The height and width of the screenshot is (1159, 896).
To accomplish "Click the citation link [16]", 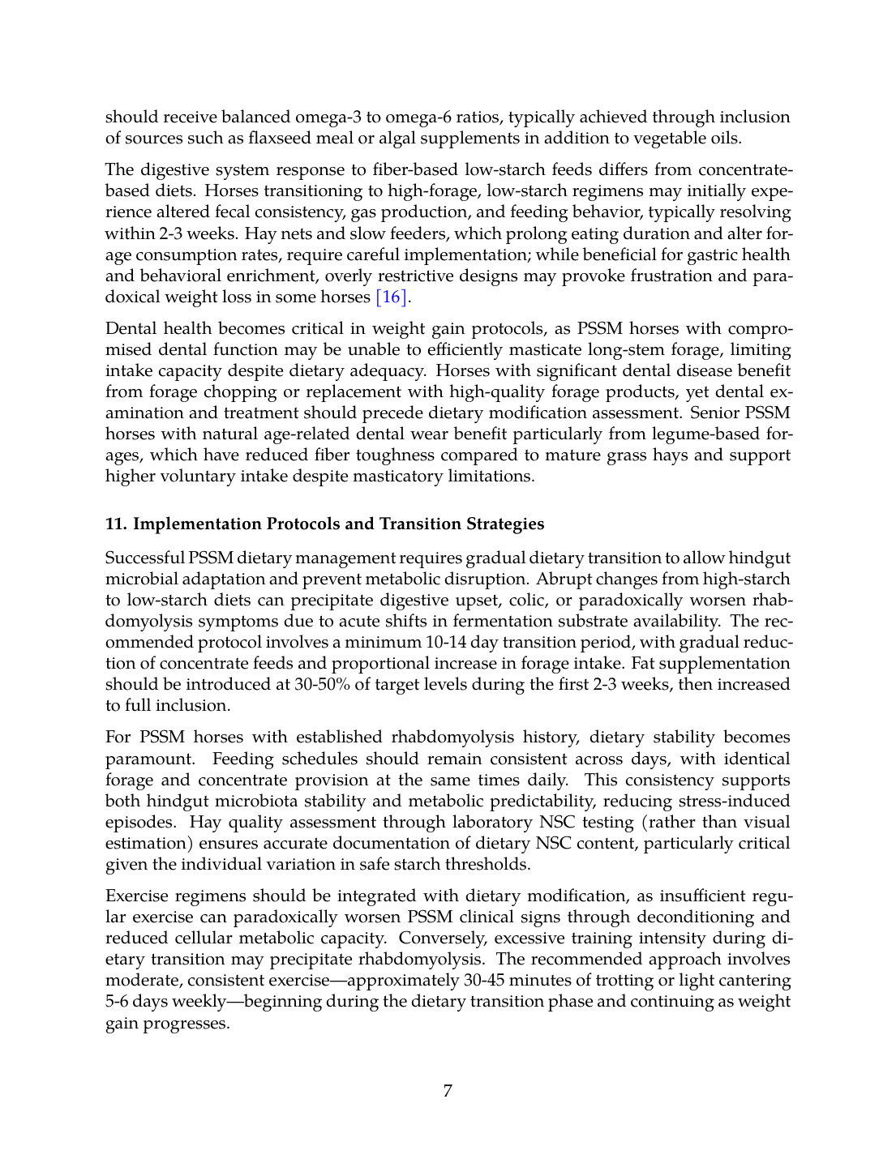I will click(x=391, y=297).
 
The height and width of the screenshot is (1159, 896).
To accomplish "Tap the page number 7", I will click(x=448, y=1091).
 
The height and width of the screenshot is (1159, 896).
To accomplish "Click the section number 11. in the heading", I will click(x=116, y=524).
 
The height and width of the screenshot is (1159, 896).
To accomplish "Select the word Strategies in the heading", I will click(x=504, y=524).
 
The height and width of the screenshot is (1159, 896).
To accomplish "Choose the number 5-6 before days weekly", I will click(x=118, y=1001).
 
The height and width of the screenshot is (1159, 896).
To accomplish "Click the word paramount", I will click(x=150, y=759).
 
